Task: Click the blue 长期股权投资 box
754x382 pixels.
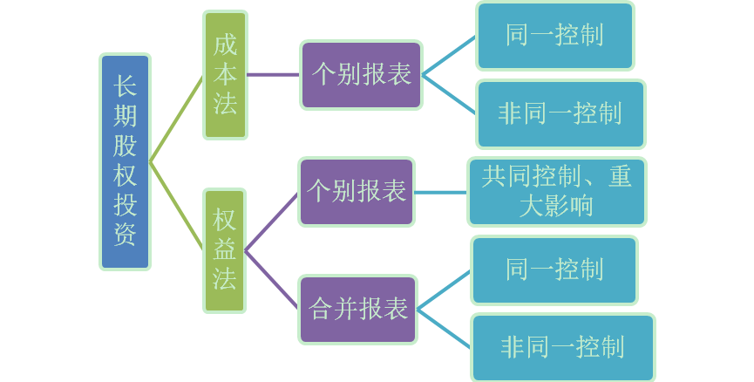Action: point(126,161)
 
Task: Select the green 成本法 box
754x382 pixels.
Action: point(225,75)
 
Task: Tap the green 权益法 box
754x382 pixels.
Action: point(225,250)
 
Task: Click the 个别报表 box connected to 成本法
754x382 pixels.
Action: point(362,75)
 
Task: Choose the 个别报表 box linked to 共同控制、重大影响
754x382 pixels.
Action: point(357,192)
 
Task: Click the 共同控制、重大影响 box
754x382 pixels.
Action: point(557,192)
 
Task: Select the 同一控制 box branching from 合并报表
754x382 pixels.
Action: point(554,269)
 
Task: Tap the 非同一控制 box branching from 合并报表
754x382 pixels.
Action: point(562,348)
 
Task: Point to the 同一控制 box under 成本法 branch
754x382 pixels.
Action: point(554,36)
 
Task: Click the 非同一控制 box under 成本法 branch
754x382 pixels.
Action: point(560,113)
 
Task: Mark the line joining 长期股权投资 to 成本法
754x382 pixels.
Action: point(177,118)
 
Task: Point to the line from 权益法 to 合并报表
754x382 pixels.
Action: point(272,280)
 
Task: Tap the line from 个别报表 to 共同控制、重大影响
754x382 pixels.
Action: point(441,192)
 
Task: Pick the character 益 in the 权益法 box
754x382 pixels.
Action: point(225,250)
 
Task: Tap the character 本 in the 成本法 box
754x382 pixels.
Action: point(225,75)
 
